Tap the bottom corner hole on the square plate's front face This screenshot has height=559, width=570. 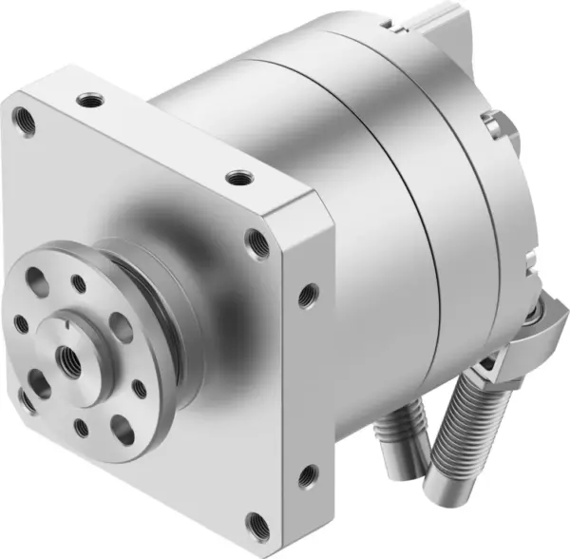click(x=258, y=522)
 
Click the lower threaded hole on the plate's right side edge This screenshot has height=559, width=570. click(x=306, y=475)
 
